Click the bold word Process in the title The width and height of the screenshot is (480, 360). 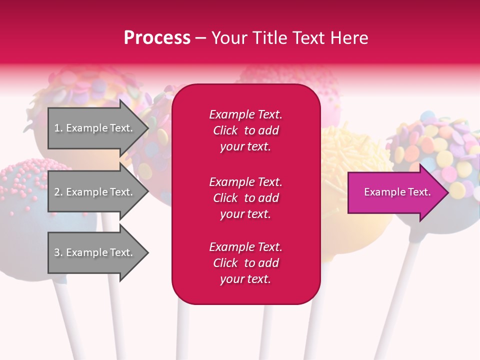(157, 38)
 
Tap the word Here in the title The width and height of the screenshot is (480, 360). (348, 38)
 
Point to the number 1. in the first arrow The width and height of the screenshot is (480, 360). (58, 128)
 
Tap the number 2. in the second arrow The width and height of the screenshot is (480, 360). (58, 192)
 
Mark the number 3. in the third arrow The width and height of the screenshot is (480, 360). (58, 252)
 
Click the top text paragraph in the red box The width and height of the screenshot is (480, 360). (245, 130)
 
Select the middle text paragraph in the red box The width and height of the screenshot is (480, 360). (245, 198)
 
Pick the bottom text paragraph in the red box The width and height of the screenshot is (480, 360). (245, 263)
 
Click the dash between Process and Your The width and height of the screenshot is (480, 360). (200, 38)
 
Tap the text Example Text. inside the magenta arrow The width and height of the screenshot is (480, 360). (397, 192)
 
